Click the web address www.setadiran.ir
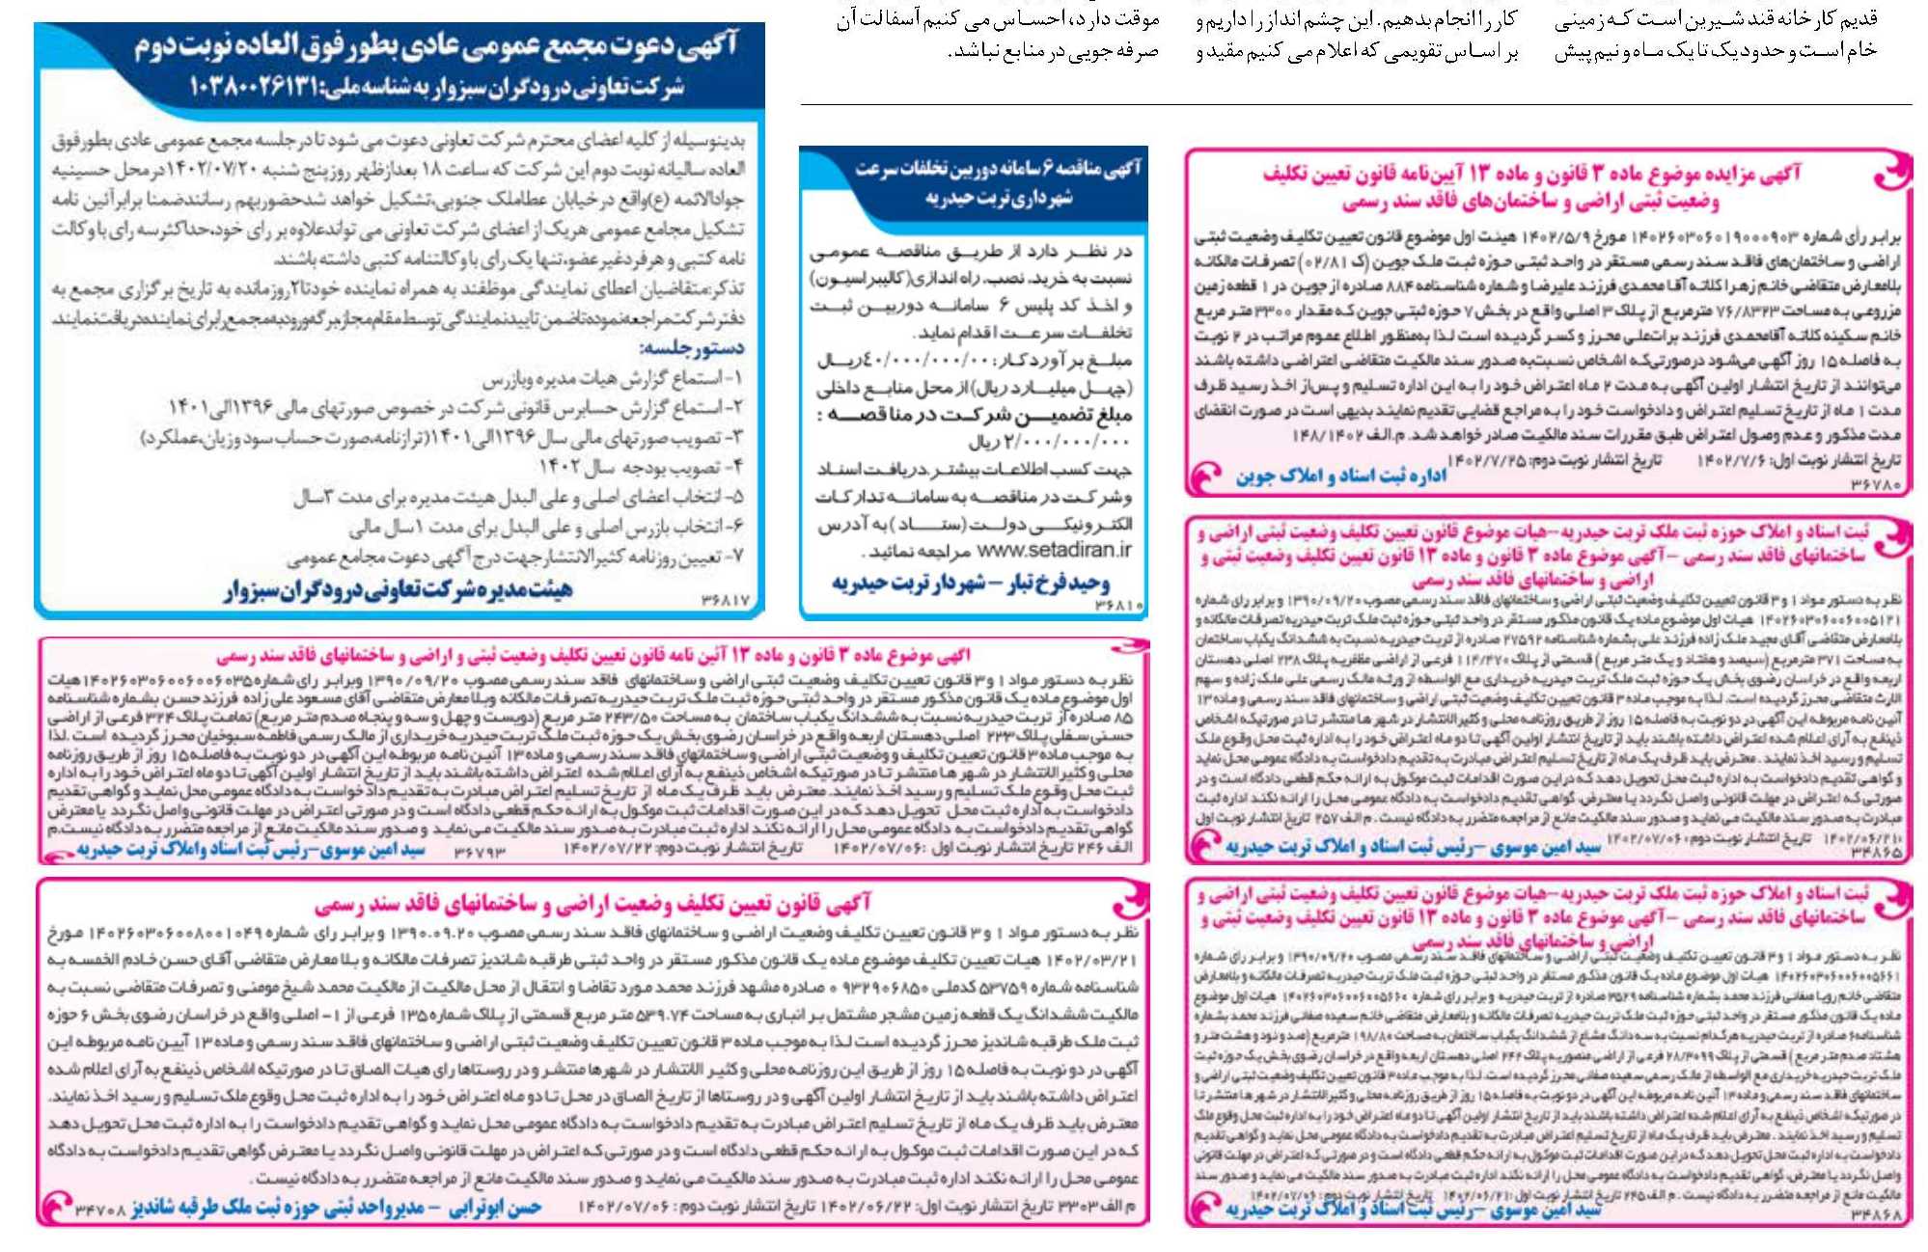point(1054,551)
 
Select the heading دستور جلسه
point(692,347)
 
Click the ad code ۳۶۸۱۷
point(725,601)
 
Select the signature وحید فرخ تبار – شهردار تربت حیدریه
point(971,583)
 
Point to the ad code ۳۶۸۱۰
point(1119,605)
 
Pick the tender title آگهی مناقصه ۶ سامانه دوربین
point(998,169)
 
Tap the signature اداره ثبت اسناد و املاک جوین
point(1340,476)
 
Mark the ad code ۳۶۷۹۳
point(479,851)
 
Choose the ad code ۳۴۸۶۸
point(1877,1215)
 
